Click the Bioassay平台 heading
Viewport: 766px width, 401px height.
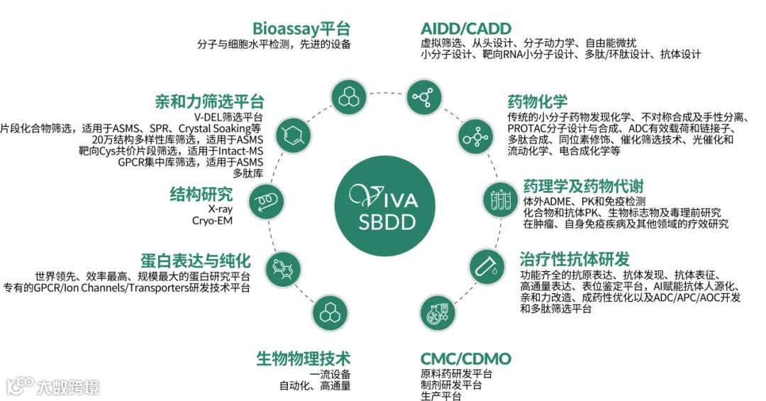tap(301, 29)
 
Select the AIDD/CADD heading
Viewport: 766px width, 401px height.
tap(464, 29)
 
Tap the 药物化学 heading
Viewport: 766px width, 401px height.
tap(537, 102)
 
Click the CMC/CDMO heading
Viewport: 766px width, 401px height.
tap(465, 358)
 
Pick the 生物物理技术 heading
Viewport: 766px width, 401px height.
tap(303, 358)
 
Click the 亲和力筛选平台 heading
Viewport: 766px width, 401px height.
tap(209, 101)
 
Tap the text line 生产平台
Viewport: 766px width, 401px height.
tap(440, 395)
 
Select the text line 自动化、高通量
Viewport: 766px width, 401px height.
tap(315, 387)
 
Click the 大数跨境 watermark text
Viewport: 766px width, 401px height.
tap(69, 387)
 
